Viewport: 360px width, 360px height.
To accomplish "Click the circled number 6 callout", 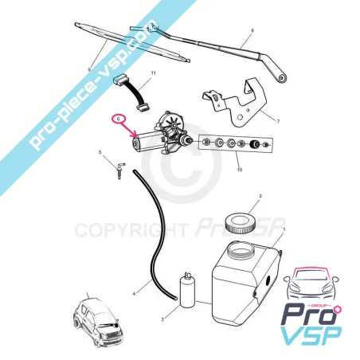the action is tap(119, 119).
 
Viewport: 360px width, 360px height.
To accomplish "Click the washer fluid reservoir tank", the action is tap(246, 282).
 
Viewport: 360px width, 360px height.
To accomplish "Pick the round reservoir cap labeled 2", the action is tap(241, 223).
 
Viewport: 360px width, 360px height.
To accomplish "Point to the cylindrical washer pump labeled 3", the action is tap(187, 290).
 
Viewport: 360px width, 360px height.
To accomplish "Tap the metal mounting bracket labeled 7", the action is tap(235, 103).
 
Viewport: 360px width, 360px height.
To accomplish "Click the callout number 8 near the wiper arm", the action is tap(252, 30).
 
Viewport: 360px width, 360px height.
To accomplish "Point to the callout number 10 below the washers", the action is tap(240, 170).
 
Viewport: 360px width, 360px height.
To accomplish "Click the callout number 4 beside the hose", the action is tap(135, 294).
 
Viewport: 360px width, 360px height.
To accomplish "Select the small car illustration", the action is tap(97, 322).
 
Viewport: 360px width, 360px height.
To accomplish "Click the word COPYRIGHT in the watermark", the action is tap(130, 230).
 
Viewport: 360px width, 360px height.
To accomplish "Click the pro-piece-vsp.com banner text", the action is tap(93, 84).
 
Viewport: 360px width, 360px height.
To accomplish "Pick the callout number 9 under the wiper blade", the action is tap(89, 69).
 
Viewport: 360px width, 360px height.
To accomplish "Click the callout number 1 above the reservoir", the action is tap(284, 229).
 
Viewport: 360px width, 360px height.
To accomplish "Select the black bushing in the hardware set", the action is tap(256, 144).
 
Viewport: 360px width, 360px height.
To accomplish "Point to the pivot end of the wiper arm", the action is tap(281, 78).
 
